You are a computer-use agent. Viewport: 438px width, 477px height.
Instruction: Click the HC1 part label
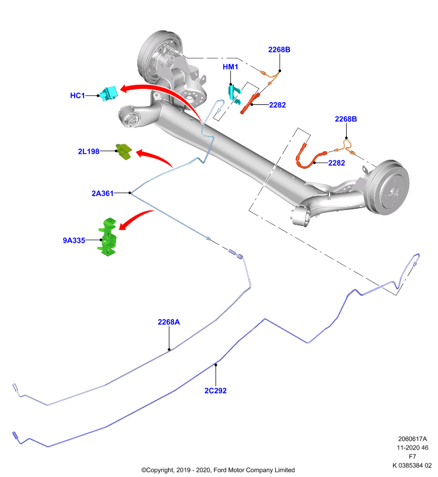pyautogui.click(x=78, y=95)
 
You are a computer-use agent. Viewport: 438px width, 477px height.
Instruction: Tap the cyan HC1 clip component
pyautogui.click(x=109, y=94)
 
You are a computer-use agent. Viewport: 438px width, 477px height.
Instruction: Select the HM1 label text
pyautogui.click(x=230, y=67)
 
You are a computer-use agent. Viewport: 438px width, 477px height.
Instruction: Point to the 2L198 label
pyautogui.click(x=88, y=151)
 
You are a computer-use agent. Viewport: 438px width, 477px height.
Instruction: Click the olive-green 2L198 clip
pyautogui.click(x=124, y=151)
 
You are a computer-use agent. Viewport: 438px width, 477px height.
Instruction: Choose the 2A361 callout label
pyautogui.click(x=103, y=193)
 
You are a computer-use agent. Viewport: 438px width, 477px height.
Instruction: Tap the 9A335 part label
pyautogui.click(x=74, y=240)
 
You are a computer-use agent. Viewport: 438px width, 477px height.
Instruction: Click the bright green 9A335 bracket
pyautogui.click(x=107, y=237)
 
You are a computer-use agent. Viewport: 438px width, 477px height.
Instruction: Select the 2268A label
pyautogui.click(x=169, y=322)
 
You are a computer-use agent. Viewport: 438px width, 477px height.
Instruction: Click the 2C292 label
pyautogui.click(x=215, y=391)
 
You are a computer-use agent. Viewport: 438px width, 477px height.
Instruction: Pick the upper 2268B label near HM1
pyautogui.click(x=279, y=49)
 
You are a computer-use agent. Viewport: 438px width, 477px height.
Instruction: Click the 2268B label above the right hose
pyautogui.click(x=346, y=119)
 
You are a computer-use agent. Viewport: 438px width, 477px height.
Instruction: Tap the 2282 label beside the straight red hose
pyautogui.click(x=277, y=105)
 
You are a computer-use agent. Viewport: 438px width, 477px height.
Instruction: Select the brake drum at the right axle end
pyautogui.click(x=387, y=187)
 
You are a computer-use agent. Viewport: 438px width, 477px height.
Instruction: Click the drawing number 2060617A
pyautogui.click(x=412, y=439)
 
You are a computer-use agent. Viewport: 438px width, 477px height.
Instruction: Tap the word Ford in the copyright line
pyautogui.click(x=220, y=470)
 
